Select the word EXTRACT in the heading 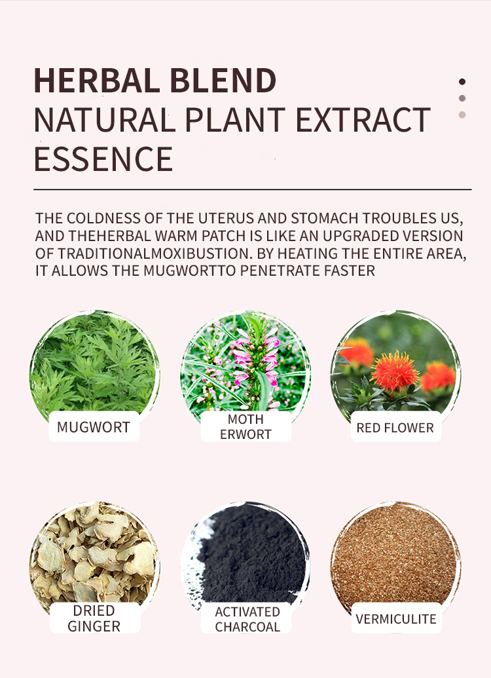(363, 120)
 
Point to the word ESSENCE (103, 159)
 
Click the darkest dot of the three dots (462, 82)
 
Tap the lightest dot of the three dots (462, 115)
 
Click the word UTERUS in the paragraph (228, 218)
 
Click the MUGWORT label (94, 427)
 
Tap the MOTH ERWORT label (245, 426)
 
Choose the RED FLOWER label (395, 428)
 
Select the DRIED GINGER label (94, 618)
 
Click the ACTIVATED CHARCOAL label (247, 619)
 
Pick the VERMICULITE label (396, 619)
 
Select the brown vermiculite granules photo (395, 557)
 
